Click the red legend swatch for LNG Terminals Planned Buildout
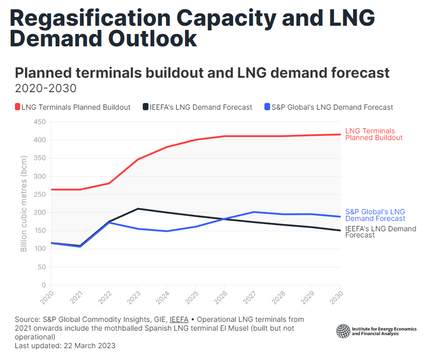pos(18,107)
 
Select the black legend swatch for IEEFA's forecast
pos(146,107)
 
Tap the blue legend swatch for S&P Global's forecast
pos(267,107)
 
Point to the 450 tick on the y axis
pos(40,122)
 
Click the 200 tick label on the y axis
pos(40,213)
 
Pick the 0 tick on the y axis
pos(43,285)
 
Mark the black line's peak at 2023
pos(138,209)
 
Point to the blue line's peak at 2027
pos(254,212)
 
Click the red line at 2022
pos(109,183)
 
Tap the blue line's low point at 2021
pos(80,247)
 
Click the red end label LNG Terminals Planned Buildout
pos(373,134)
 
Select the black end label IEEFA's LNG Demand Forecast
pos(380,232)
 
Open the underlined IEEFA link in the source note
pos(179,320)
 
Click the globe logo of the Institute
pos(343,331)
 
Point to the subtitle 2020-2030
pos(46,88)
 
